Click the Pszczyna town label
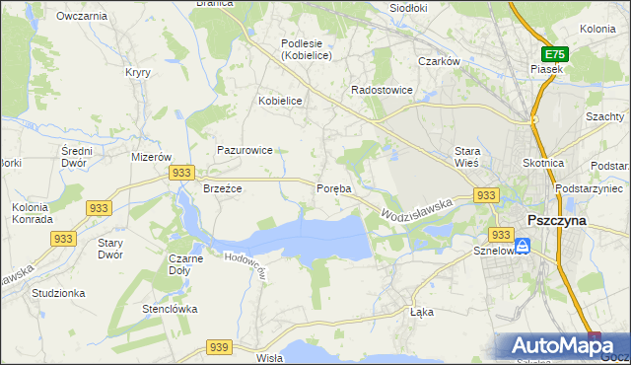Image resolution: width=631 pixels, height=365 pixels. click(557, 220)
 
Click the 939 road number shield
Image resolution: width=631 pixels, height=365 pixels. click(220, 346)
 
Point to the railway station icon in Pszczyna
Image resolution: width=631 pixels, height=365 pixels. click(526, 247)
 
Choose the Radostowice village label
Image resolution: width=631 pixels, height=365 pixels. click(382, 90)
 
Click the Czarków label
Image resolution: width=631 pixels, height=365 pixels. click(440, 61)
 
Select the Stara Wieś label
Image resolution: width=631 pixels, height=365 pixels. click(466, 157)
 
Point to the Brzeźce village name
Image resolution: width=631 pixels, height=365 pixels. click(223, 187)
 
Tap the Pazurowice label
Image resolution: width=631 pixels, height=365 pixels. click(245, 150)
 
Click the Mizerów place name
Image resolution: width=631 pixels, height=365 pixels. click(152, 157)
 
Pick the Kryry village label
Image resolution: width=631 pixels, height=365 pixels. click(136, 72)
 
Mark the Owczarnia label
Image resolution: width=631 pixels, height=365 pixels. click(82, 16)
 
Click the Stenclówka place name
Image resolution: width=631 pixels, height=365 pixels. click(170, 309)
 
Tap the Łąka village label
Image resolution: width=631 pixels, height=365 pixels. click(421, 312)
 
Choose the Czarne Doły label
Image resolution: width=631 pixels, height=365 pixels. click(186, 263)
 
